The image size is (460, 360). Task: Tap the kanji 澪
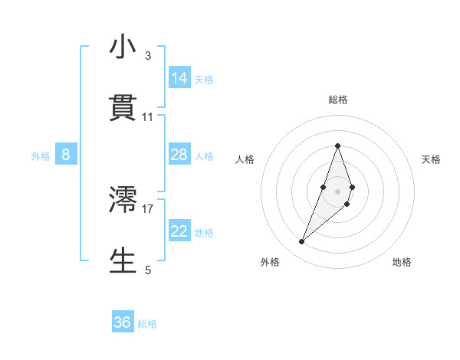(x=123, y=199)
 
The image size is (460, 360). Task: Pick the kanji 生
(x=123, y=260)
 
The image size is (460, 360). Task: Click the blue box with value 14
(x=179, y=78)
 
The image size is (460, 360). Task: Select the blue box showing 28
(x=179, y=155)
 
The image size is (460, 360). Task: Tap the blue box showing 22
(x=179, y=232)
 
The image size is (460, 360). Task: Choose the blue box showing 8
(x=66, y=155)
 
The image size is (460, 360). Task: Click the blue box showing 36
(x=123, y=322)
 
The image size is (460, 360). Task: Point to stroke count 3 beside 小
(x=147, y=56)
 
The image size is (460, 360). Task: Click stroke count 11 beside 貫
(x=147, y=117)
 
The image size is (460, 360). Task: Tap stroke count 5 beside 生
(x=147, y=270)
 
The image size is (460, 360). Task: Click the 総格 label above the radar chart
(x=338, y=100)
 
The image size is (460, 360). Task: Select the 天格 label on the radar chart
(x=432, y=159)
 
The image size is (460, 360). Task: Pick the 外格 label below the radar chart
(x=270, y=262)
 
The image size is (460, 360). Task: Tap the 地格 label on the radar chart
(x=402, y=262)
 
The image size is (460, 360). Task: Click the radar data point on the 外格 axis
(x=302, y=241)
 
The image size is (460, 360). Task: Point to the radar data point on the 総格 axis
(x=338, y=146)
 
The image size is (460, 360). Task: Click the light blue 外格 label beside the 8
(x=41, y=156)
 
